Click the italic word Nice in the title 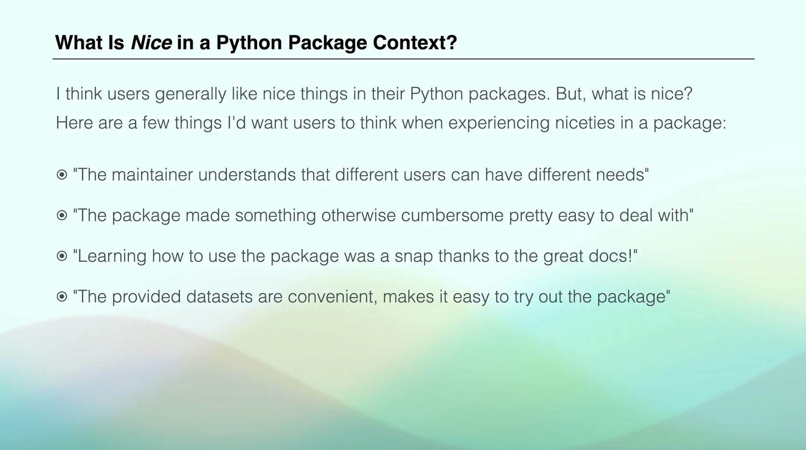(x=151, y=43)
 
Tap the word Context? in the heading (x=415, y=43)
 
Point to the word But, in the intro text (x=571, y=94)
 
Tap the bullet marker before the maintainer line (x=62, y=175)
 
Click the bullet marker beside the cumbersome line (x=62, y=215)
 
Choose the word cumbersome (x=452, y=215)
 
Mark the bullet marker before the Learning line (x=62, y=256)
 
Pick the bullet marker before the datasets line (x=62, y=297)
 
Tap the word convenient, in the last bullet (x=332, y=297)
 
